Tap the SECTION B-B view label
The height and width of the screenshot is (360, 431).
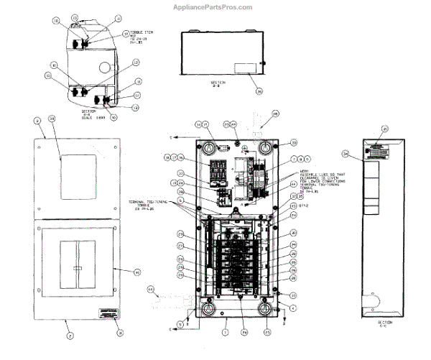(218, 83)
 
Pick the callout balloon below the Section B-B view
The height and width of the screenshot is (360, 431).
(259, 91)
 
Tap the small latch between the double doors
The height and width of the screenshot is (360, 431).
(77, 269)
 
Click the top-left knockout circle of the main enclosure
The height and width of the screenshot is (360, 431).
(208, 148)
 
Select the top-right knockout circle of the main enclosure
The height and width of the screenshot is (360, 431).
(267, 148)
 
